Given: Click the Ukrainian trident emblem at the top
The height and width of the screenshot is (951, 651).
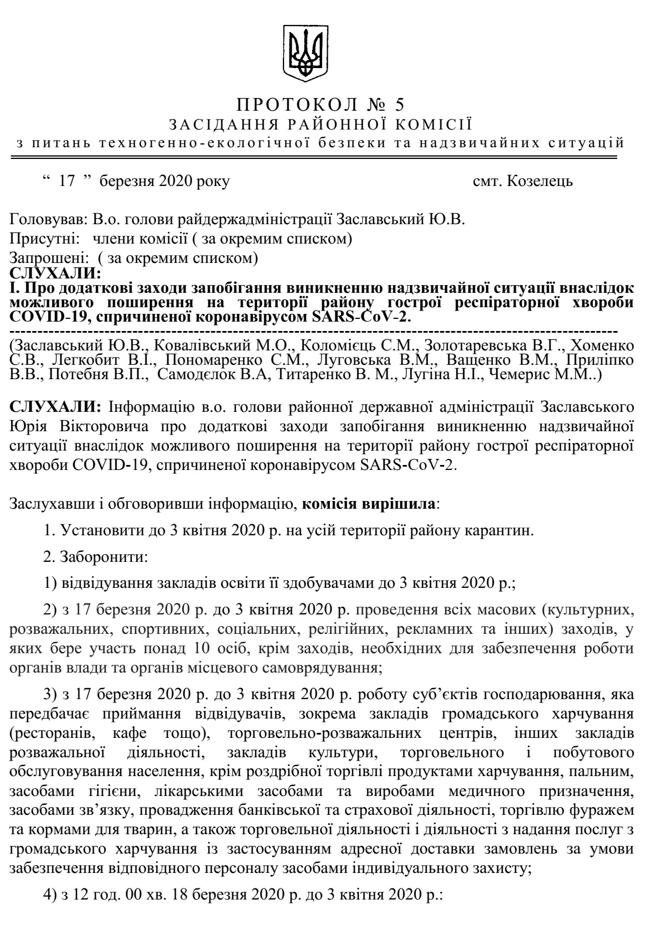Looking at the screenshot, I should pos(302,52).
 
